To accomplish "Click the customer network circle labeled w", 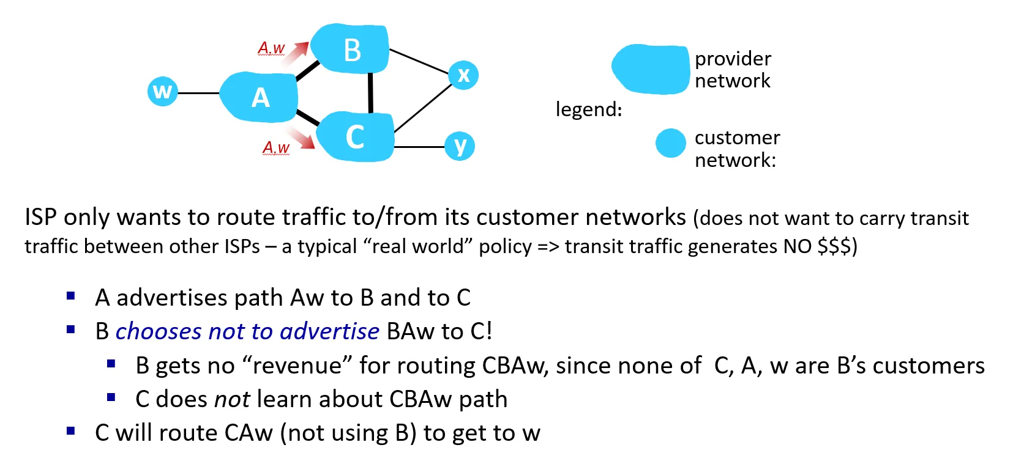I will coord(162,92).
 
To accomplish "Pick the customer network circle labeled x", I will coord(463,75).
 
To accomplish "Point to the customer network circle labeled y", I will coord(460,146).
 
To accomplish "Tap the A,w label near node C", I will coord(276,148).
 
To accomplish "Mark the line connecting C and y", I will coord(419,147).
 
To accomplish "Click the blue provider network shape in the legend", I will coord(651,69).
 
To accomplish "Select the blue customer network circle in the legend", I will coord(670,144).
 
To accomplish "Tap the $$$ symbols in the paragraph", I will coord(834,246).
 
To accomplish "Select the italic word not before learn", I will coord(232,399).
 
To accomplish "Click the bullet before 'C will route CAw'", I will coord(71,431).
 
